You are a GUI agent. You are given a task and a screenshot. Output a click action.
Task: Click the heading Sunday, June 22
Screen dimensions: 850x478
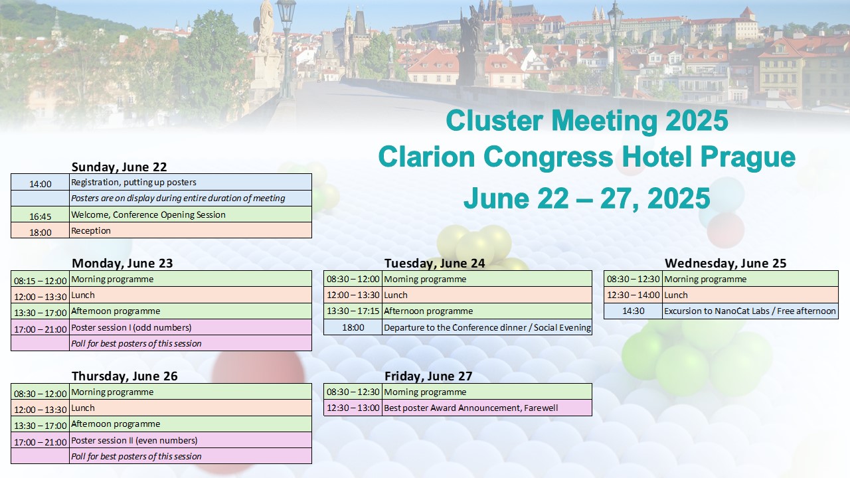point(119,167)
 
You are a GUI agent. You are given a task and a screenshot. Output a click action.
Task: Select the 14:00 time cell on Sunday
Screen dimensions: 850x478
point(41,182)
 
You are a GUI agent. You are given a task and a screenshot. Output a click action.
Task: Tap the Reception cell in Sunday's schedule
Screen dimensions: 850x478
point(191,230)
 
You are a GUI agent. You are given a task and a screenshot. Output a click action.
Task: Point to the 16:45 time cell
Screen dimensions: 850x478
point(41,214)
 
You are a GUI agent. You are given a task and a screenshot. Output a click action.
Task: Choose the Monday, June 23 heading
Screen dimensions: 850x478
point(122,263)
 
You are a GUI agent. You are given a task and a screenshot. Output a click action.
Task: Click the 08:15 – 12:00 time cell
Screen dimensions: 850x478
point(41,279)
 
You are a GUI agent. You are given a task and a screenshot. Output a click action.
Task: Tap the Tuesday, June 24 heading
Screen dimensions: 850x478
point(434,263)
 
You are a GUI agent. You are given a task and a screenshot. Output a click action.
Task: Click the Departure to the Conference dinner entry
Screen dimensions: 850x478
point(487,327)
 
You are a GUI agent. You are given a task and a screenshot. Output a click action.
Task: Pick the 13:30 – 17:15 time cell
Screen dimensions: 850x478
point(353,311)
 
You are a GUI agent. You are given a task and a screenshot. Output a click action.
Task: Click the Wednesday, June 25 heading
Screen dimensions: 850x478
point(726,263)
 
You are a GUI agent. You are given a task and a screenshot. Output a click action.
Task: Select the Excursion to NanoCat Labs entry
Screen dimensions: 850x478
point(750,311)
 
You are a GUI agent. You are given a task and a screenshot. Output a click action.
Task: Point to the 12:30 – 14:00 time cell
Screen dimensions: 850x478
point(633,295)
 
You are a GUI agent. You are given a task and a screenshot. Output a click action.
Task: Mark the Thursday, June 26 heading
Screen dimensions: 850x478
point(124,376)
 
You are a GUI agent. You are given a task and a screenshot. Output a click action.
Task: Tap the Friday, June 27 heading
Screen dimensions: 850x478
point(428,376)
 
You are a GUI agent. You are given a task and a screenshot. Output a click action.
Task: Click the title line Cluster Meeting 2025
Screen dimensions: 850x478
point(586,121)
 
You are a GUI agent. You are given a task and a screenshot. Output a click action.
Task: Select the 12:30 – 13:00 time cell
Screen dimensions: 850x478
point(353,408)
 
